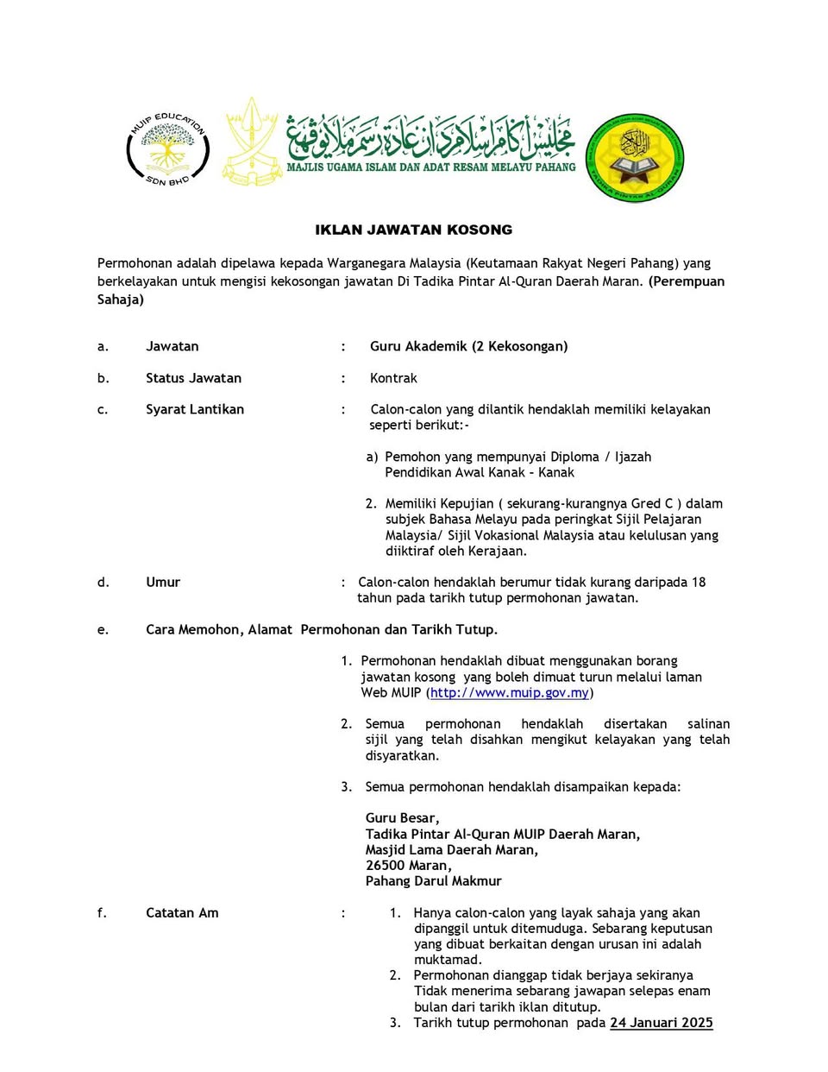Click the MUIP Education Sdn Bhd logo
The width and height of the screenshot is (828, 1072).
click(167, 148)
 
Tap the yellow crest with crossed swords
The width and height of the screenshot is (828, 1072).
click(252, 142)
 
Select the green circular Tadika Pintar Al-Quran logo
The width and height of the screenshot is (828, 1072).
click(635, 158)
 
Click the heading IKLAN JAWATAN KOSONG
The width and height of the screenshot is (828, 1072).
click(413, 230)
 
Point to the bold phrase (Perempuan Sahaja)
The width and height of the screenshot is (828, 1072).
click(686, 281)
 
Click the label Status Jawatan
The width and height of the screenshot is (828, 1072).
click(193, 378)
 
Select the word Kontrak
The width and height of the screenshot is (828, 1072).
click(393, 378)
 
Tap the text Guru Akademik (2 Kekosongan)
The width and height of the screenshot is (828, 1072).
click(468, 346)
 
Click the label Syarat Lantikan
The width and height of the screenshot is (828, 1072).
click(194, 409)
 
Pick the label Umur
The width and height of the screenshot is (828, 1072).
click(163, 582)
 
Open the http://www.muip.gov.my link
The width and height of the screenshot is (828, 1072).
click(509, 692)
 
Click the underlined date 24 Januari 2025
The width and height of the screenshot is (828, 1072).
click(661, 1023)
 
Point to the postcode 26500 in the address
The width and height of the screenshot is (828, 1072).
click(383, 866)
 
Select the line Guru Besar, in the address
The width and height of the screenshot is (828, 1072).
click(402, 818)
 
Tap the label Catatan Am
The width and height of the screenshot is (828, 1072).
click(182, 912)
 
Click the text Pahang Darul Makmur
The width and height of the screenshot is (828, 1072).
click(433, 881)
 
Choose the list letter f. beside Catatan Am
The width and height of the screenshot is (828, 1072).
click(102, 912)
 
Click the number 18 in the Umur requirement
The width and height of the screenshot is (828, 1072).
click(698, 582)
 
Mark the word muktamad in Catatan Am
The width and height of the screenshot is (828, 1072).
click(448, 960)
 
